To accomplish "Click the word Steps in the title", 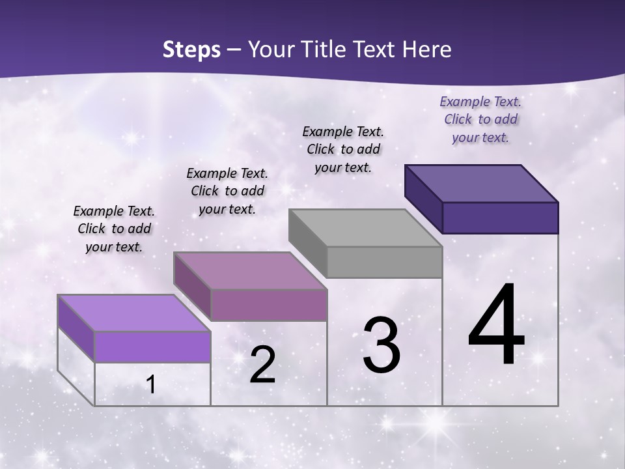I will pyautogui.click(x=191, y=50).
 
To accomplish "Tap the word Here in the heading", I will pyautogui.click(x=423, y=50).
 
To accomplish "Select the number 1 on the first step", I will pyautogui.click(x=151, y=385).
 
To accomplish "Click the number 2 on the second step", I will pyautogui.click(x=262, y=365).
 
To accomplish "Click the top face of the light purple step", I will pyautogui.click(x=133, y=313).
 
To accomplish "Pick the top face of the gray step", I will pyautogui.click(x=365, y=228).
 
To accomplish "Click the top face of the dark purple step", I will pyautogui.click(x=481, y=184).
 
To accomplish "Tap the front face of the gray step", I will pyautogui.click(x=384, y=263).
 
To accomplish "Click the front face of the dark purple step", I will pyautogui.click(x=500, y=218).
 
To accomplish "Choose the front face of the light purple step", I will pyautogui.click(x=152, y=347).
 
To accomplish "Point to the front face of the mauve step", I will pyautogui.click(x=268, y=305).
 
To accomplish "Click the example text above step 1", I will pyautogui.click(x=114, y=229).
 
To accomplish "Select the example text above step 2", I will pyautogui.click(x=227, y=191).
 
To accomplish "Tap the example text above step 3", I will pyautogui.click(x=343, y=149).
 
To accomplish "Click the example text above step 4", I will pyautogui.click(x=480, y=119).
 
